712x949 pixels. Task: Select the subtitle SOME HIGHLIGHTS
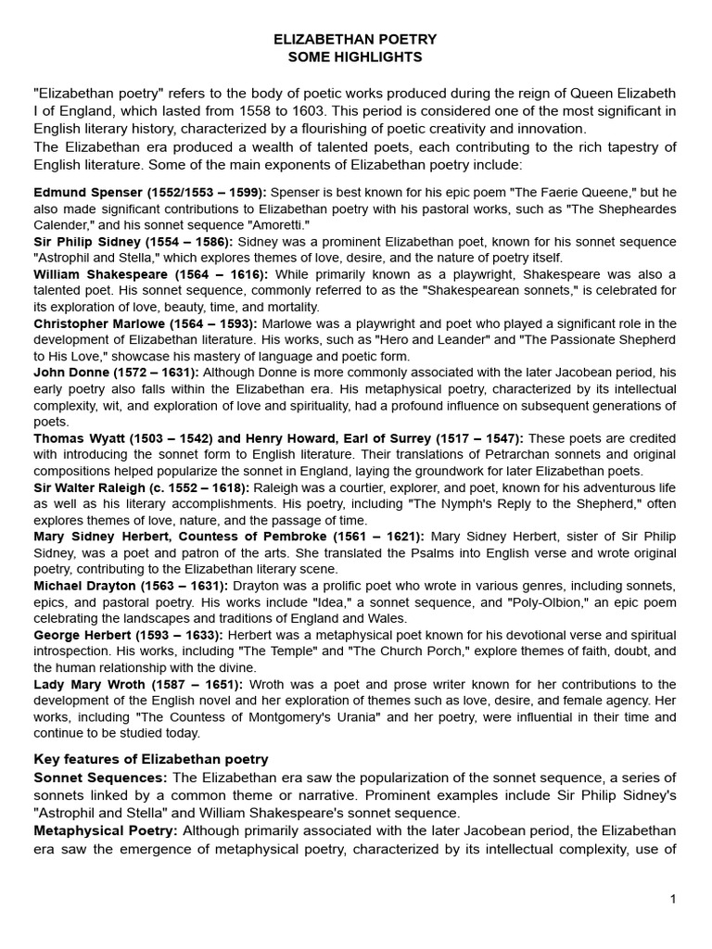355,57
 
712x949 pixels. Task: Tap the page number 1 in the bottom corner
674,899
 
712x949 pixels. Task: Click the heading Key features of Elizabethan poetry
151,760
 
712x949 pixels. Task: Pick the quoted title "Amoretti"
277,225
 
